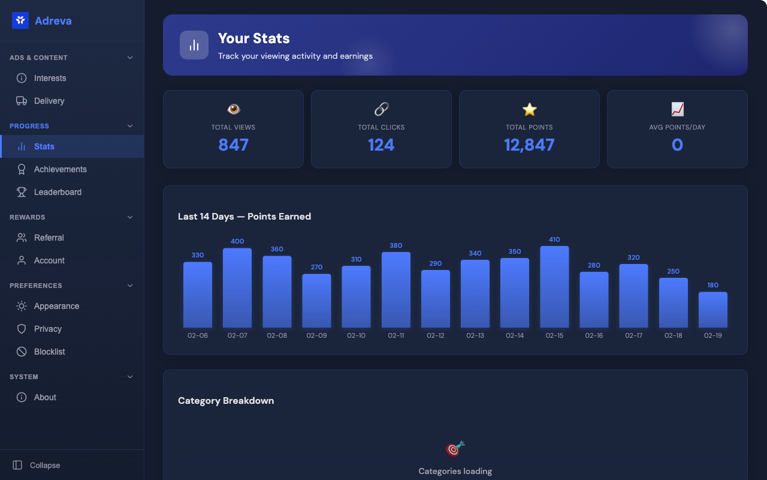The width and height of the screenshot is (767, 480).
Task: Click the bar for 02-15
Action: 554,287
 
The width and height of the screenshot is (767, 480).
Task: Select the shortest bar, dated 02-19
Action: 712,310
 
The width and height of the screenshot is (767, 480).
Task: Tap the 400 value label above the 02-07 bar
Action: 237,241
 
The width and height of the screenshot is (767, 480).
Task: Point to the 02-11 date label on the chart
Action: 396,335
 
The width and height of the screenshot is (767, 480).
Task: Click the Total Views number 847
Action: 233,145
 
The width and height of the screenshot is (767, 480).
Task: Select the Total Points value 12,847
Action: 529,145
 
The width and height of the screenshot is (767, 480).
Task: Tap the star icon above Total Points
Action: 529,109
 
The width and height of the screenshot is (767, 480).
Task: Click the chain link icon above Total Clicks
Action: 381,109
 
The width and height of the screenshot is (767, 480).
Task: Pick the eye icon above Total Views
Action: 233,109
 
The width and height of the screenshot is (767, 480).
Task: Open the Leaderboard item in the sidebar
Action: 58,192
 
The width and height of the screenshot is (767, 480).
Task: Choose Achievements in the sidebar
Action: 60,169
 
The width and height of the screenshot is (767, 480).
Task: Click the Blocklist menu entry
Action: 49,352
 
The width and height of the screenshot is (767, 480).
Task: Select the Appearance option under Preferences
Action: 56,306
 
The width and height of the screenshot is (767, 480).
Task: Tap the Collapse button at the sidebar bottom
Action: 37,465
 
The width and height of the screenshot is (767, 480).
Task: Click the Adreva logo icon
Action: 20,20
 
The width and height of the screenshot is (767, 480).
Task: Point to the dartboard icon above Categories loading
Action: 455,448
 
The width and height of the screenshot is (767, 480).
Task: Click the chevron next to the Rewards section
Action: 130,217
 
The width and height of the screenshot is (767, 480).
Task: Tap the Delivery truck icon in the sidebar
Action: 22,101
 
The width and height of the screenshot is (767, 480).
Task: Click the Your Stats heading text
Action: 253,38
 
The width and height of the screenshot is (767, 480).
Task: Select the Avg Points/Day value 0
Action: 677,145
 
